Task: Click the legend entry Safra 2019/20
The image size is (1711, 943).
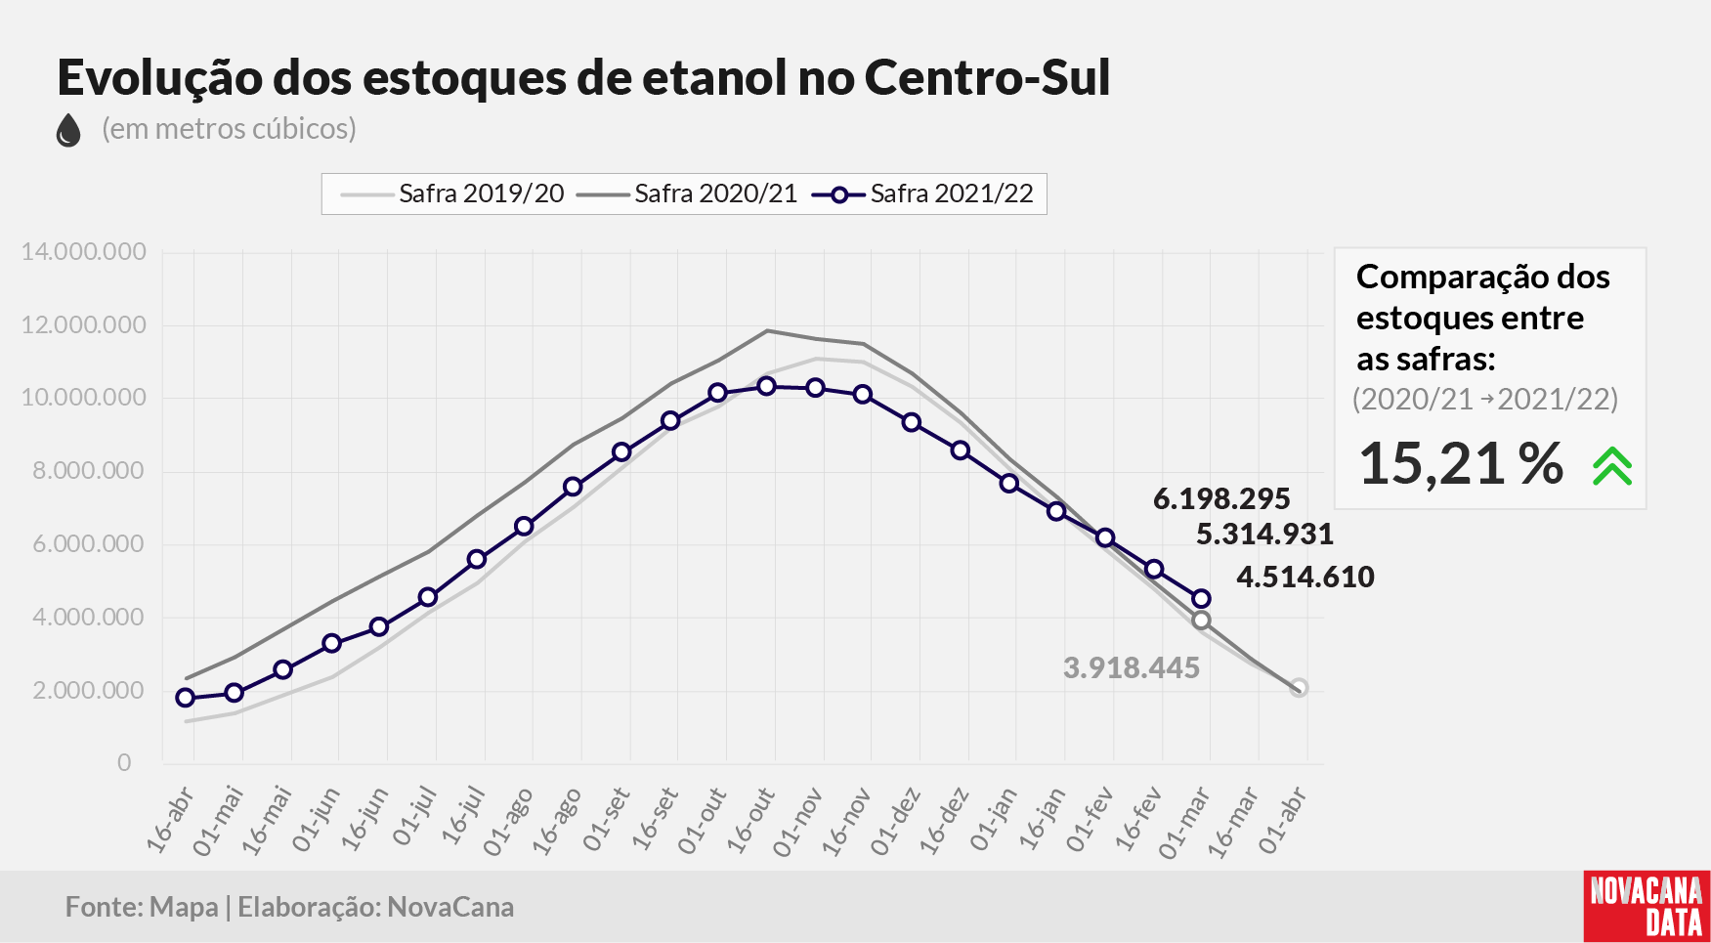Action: (452, 193)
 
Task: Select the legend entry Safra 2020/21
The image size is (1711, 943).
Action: (687, 193)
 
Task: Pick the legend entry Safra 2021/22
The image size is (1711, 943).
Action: (922, 193)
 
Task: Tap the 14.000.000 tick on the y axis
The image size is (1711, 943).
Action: (84, 252)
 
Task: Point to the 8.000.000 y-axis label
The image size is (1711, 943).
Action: (89, 471)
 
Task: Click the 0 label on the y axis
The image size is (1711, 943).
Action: (124, 762)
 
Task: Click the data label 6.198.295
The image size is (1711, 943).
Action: (1221, 499)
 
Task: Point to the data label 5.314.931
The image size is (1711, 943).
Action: (1264, 535)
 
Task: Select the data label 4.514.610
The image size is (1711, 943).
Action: (1305, 578)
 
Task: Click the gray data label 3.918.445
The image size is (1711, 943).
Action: (1132, 668)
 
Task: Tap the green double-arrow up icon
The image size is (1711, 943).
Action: (1612, 466)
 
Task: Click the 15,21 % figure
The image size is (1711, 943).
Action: (1461, 463)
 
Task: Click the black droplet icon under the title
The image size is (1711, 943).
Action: (68, 130)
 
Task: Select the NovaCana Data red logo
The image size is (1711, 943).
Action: (1647, 906)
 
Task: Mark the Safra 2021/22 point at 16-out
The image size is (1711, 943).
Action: (767, 387)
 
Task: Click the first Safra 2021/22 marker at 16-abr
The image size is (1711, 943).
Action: (186, 698)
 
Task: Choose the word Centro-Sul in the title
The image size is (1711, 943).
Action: (987, 77)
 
